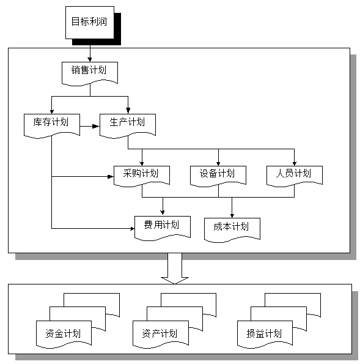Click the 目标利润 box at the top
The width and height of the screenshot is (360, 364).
click(89, 22)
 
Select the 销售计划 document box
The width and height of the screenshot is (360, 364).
click(90, 71)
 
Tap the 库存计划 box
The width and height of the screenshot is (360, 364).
click(52, 122)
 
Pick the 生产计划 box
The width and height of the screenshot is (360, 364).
click(128, 122)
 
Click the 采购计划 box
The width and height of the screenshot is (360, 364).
click(142, 174)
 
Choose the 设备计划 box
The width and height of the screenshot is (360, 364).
click(218, 174)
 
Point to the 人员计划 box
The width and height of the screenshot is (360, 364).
click(294, 174)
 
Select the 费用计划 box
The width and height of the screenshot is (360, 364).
click(162, 225)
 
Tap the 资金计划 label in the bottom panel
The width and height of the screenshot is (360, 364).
click(63, 334)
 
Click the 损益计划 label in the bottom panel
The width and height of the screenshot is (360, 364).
click(265, 334)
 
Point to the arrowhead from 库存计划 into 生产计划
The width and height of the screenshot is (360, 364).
click(96, 127)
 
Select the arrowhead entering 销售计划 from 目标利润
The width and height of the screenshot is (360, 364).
click(90, 58)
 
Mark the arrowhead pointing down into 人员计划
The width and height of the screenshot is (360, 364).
click(294, 162)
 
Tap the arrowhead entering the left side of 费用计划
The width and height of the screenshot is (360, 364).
click(131, 229)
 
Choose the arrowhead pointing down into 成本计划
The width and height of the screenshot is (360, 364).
click(232, 212)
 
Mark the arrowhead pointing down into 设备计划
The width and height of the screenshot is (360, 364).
click(218, 162)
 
